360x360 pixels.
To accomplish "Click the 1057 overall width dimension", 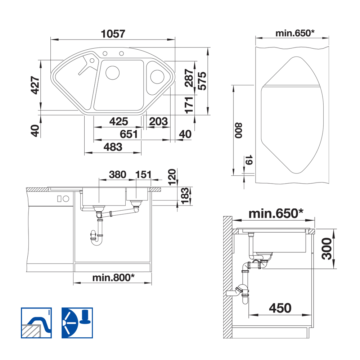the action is click(x=113, y=34).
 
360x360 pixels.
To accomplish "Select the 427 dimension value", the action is click(x=35, y=85).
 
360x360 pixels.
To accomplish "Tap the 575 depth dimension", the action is click(x=202, y=81).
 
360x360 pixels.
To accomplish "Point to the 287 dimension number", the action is click(x=189, y=78).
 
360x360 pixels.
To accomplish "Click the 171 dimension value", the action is click(x=189, y=105).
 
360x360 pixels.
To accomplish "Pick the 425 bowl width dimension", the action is click(x=118, y=121).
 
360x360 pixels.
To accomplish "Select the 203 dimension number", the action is click(x=158, y=121).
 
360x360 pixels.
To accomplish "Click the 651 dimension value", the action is click(x=129, y=134).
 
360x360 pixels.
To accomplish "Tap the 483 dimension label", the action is click(x=113, y=147).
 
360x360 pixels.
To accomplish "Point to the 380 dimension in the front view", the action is click(x=118, y=175).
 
